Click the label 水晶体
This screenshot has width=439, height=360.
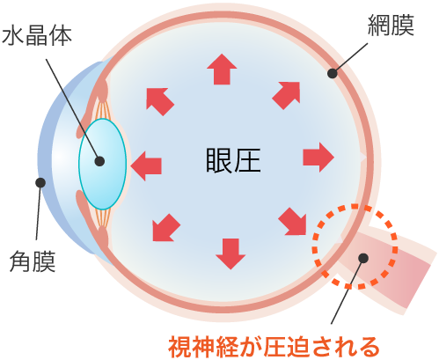(x=37, y=36)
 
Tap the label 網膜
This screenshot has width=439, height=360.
(x=391, y=26)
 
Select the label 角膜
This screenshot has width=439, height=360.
(x=33, y=261)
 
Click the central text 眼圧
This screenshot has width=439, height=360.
(x=233, y=160)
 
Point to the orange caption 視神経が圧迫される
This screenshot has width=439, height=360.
(x=274, y=348)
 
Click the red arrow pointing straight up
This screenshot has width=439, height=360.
(x=222, y=70)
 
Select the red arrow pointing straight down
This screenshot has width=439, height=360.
(x=230, y=254)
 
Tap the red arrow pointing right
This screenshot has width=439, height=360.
(x=318, y=158)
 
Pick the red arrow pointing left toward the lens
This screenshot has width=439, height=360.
(x=146, y=166)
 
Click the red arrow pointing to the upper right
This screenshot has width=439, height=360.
(x=287, y=95)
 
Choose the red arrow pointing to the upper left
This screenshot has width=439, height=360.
(x=160, y=101)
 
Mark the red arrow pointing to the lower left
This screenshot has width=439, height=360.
(x=166, y=227)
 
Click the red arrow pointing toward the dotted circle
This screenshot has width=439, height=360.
(x=292, y=222)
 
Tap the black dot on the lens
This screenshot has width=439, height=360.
(x=99, y=161)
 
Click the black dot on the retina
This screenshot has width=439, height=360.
(x=333, y=73)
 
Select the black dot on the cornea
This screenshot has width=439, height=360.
(x=40, y=182)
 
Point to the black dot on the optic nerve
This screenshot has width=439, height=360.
(x=363, y=258)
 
